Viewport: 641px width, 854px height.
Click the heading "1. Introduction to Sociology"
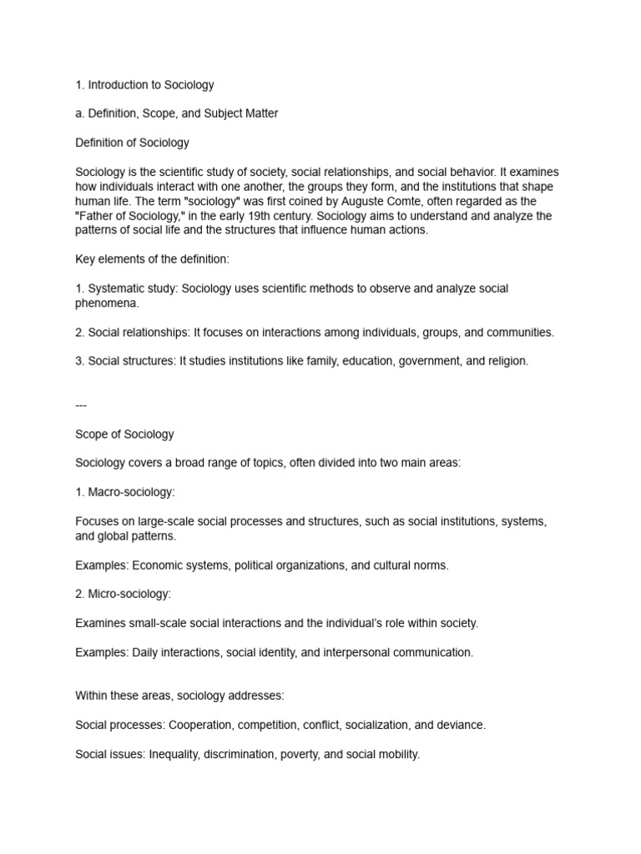[144, 84]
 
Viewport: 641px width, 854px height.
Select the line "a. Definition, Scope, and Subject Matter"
[177, 113]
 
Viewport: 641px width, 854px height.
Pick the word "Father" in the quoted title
[98, 216]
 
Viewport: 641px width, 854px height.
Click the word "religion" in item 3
[507, 361]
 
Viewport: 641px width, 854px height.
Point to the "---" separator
[81, 405]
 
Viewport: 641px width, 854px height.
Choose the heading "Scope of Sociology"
[124, 435]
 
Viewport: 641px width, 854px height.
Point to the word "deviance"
[461, 726]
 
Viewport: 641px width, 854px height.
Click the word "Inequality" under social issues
[177, 755]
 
